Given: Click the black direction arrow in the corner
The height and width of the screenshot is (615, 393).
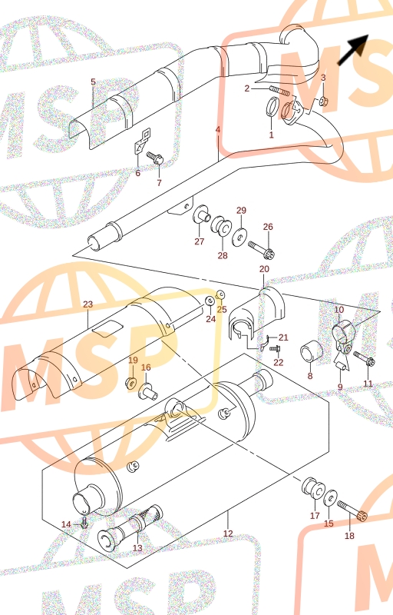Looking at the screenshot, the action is [353, 49].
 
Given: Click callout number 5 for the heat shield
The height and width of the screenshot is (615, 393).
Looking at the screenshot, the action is [93, 81].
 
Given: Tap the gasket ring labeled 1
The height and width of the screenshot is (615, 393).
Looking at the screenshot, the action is [272, 106].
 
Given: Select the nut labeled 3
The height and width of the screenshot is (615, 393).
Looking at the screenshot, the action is [323, 102].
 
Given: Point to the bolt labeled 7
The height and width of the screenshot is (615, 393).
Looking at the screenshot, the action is [155, 158].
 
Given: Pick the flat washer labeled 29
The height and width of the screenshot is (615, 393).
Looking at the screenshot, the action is [239, 238].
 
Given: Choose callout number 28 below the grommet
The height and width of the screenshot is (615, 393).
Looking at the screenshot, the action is [223, 255].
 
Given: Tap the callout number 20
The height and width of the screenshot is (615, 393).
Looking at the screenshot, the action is [264, 269].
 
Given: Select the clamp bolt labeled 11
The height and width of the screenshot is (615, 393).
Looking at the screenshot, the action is [365, 359].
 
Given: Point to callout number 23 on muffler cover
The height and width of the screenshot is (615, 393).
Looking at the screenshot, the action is [88, 304].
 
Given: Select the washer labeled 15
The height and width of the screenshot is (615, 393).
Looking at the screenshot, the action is [331, 497].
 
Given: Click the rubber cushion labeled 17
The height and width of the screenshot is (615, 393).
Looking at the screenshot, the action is [313, 489].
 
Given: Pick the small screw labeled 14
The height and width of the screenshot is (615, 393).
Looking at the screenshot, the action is [84, 524].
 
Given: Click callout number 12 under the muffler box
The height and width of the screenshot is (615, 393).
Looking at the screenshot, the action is [228, 534].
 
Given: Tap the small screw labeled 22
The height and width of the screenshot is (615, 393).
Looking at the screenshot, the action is [276, 348].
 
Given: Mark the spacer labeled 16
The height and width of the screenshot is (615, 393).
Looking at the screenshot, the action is [147, 391].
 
